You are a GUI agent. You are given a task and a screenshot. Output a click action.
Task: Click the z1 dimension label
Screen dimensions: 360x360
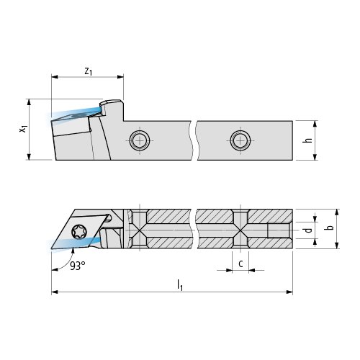click(89, 71)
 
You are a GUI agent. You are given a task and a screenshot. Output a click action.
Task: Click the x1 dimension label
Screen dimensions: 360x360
click(23, 129)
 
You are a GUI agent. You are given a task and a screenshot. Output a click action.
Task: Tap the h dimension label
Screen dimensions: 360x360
click(307, 140)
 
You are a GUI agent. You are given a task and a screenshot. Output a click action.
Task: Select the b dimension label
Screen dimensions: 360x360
click(330, 227)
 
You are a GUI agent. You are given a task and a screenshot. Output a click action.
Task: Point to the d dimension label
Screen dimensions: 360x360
click(308, 230)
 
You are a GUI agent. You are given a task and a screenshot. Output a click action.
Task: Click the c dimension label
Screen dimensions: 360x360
click(240, 264)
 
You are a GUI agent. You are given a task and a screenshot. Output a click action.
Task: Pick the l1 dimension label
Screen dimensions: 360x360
click(180, 285)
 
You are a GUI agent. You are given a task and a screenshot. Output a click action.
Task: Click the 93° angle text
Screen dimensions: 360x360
click(78, 266)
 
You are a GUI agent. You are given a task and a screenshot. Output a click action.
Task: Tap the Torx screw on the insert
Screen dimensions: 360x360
click(79, 232)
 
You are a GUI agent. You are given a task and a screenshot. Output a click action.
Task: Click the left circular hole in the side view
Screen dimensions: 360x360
click(140, 140)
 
